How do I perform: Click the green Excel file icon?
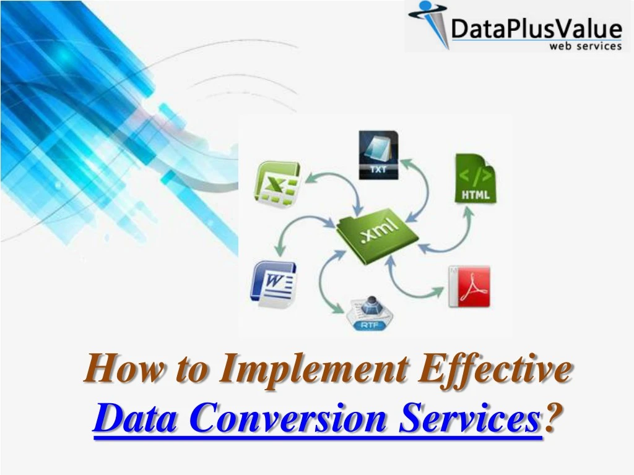point(277,181)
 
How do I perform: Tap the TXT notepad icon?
point(379,155)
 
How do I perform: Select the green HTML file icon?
point(475,179)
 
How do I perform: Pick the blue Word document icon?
point(273,283)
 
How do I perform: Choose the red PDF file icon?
point(469,286)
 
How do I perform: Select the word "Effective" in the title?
point(495,370)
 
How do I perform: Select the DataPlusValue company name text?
point(536,28)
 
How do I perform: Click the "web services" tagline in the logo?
point(585,46)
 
